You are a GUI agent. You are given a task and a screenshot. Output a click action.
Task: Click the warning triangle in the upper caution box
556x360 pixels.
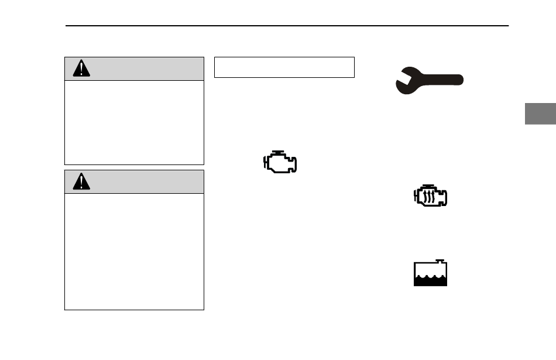81,68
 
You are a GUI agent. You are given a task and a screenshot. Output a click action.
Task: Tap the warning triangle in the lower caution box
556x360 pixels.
81,181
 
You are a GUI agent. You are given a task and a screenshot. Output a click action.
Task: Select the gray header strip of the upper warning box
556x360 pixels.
140,68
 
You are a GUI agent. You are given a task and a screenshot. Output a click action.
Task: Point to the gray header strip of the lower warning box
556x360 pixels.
140,181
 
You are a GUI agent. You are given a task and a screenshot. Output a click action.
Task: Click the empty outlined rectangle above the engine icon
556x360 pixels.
284,67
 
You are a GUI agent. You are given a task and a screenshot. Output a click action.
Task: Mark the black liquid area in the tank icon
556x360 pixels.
430,280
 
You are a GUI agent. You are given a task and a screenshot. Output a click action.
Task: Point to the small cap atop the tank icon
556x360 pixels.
440,261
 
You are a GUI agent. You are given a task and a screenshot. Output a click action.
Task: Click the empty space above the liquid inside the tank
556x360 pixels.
430,270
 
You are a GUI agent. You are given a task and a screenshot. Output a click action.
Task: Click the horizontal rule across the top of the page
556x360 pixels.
287,26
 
